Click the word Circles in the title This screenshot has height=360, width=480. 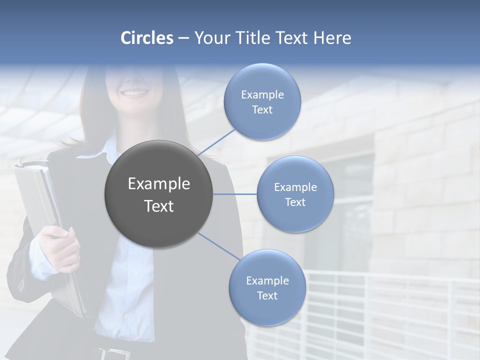pos(146,38)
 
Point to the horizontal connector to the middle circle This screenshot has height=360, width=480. pos(235,194)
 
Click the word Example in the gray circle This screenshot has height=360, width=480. pos(158,184)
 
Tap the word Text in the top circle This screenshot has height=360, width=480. pos(262,110)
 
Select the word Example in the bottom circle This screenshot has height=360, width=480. pos(267,281)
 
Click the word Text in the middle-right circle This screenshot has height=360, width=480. pos(295,202)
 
